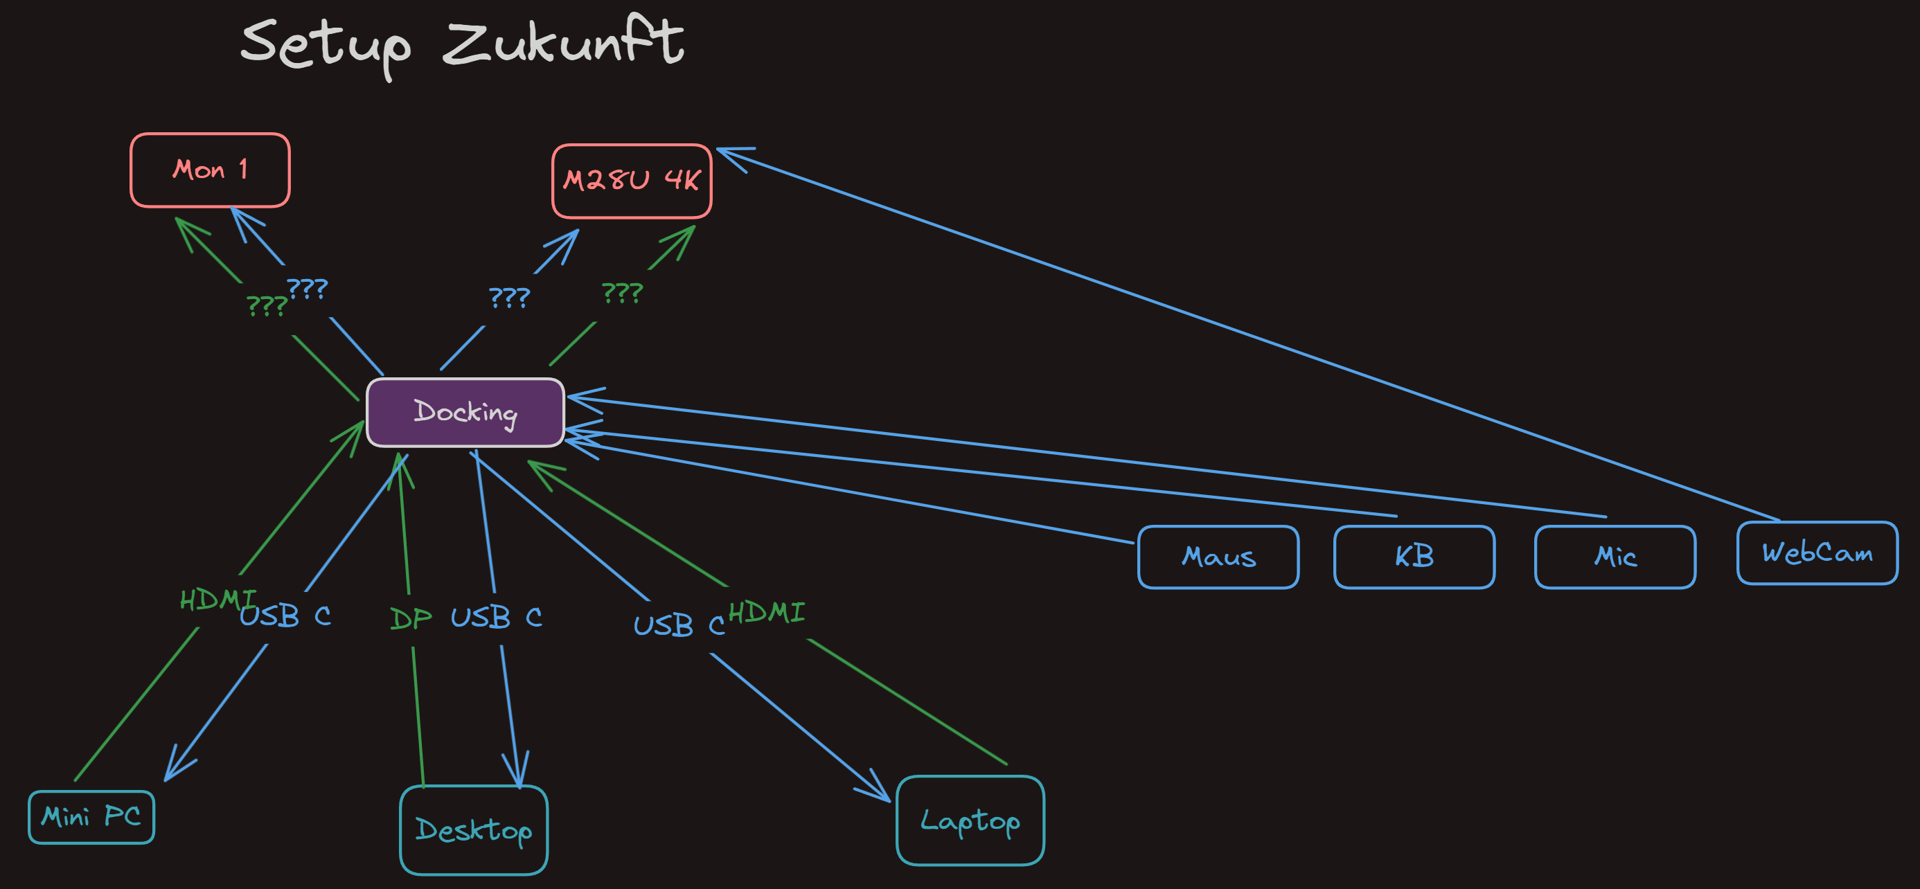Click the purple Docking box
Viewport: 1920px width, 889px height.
(465, 412)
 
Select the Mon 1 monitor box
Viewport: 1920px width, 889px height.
(210, 170)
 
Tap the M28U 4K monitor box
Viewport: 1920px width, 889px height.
(631, 180)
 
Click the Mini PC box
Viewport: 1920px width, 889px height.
(91, 817)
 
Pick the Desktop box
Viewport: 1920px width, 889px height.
(474, 829)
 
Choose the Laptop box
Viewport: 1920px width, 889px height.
(970, 820)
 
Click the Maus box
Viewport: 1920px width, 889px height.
(1218, 557)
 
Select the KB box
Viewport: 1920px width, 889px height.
(1414, 557)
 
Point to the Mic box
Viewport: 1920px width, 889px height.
(1615, 557)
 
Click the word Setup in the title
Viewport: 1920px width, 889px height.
(326, 46)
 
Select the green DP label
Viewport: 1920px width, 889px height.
(411, 618)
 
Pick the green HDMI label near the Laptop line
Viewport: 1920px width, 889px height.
(766, 613)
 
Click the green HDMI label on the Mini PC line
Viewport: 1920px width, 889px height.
(216, 599)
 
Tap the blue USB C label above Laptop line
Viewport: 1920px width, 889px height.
(678, 625)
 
